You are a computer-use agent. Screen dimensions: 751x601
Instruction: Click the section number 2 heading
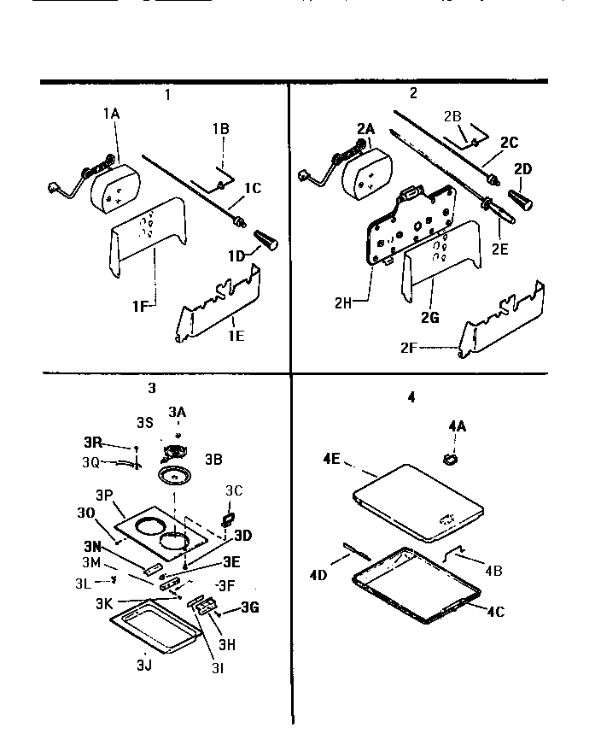coord(413,94)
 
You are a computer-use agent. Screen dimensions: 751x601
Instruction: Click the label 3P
coord(105,496)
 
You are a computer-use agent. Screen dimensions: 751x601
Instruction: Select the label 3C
coord(235,490)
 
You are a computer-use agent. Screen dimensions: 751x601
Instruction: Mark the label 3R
coord(92,443)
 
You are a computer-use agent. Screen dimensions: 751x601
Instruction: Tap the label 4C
coord(497,611)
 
